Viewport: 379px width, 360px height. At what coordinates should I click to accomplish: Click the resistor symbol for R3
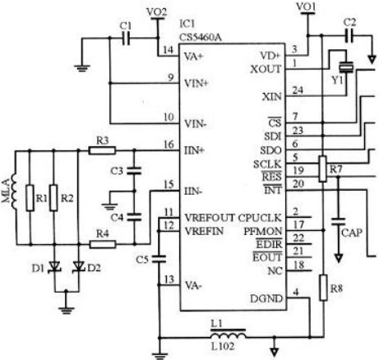[x=102, y=150]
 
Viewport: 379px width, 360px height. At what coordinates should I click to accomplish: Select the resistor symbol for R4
[x=103, y=244]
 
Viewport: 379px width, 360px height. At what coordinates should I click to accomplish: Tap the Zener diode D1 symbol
[x=54, y=267]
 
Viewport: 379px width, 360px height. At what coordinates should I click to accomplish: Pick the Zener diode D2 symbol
[x=79, y=267]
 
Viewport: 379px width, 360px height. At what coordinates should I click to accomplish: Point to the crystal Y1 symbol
[x=346, y=67]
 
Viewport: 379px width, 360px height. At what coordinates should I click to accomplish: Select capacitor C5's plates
[x=159, y=258]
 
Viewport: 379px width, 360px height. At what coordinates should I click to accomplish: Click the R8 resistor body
[x=323, y=288]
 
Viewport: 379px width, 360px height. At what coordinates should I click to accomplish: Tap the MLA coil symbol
[x=14, y=189]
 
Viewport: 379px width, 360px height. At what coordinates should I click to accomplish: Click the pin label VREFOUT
[x=210, y=218]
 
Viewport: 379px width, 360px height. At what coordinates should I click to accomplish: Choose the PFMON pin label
[x=262, y=232]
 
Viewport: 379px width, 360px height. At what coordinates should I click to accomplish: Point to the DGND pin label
[x=266, y=298]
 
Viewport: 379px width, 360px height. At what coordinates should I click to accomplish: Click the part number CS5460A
[x=200, y=37]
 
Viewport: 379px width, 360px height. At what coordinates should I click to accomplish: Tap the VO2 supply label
[x=157, y=12]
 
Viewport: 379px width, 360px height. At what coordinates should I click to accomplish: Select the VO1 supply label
[x=306, y=7]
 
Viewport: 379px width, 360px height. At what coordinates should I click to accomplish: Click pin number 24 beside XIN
[x=298, y=90]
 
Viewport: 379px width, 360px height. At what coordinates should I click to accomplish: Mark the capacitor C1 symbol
[x=126, y=38]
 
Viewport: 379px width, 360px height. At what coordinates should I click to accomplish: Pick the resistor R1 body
[x=30, y=198]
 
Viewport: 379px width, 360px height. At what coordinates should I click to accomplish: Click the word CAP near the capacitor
[x=352, y=233]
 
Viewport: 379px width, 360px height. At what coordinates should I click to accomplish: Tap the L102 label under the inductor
[x=223, y=347]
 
